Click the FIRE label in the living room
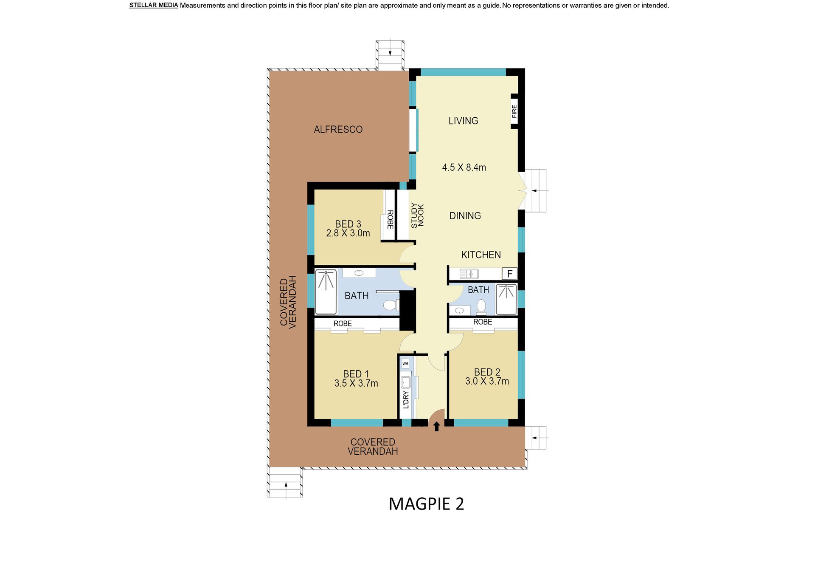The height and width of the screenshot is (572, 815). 514,111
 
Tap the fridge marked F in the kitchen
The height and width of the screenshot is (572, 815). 509,274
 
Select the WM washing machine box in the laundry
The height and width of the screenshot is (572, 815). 405,363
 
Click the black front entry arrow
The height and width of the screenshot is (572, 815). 436,426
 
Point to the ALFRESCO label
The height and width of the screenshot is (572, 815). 338,129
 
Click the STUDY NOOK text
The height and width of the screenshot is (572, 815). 417,215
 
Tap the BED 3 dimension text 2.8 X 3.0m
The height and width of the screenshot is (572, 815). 348,233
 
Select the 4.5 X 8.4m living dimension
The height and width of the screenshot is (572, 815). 464,167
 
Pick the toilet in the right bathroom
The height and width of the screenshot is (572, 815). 481,307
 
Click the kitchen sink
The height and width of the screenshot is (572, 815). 469,274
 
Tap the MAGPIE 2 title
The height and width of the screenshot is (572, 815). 426,504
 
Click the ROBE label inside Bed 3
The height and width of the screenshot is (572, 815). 390,220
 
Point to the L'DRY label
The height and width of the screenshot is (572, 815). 406,399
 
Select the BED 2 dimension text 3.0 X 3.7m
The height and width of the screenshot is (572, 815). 487,381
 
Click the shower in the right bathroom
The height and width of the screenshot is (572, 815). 506,299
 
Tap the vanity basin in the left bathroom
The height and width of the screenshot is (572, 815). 359,273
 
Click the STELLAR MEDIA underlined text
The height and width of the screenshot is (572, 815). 154,6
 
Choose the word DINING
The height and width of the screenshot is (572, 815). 465,216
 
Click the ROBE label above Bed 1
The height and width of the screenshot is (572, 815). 343,324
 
